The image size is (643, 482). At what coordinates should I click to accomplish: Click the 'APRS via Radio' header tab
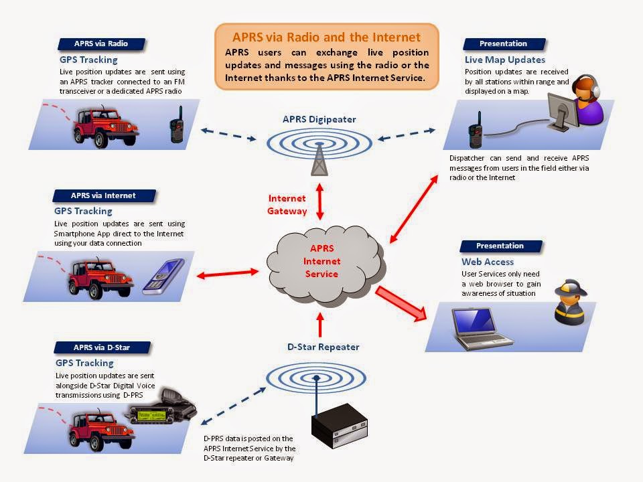click(x=100, y=44)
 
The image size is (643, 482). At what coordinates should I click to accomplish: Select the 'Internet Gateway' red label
click(x=287, y=205)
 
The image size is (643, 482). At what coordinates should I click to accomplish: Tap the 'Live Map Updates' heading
click(x=504, y=60)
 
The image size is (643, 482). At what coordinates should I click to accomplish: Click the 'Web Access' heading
click(x=488, y=262)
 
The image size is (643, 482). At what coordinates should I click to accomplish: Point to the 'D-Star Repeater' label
click(x=323, y=347)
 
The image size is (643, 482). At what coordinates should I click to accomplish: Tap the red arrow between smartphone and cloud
click(x=227, y=272)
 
